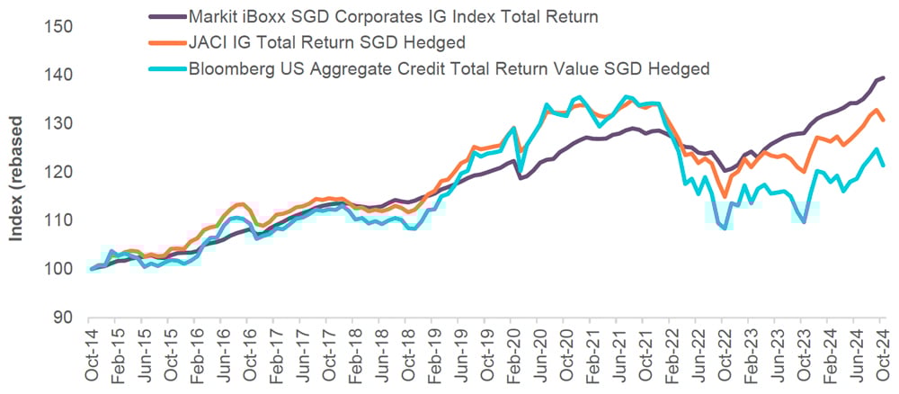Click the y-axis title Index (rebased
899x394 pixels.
pos(16,180)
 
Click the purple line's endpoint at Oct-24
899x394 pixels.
pos(884,78)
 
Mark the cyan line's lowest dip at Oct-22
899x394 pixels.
pos(725,228)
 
